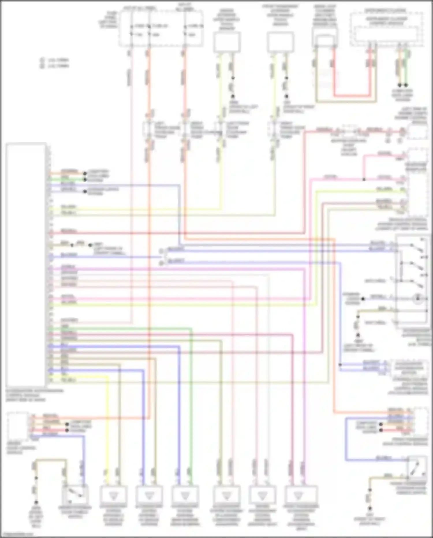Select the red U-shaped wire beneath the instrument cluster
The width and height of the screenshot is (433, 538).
352,96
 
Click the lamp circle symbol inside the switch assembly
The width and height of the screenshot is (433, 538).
418,298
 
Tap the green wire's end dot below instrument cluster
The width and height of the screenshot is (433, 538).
406,85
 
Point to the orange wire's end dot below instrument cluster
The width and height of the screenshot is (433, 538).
400,85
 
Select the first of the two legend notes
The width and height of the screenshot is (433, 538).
55,60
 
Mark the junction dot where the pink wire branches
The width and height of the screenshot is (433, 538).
364,180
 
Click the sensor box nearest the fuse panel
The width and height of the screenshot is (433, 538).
227,42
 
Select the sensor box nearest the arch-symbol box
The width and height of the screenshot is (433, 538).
280,42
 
